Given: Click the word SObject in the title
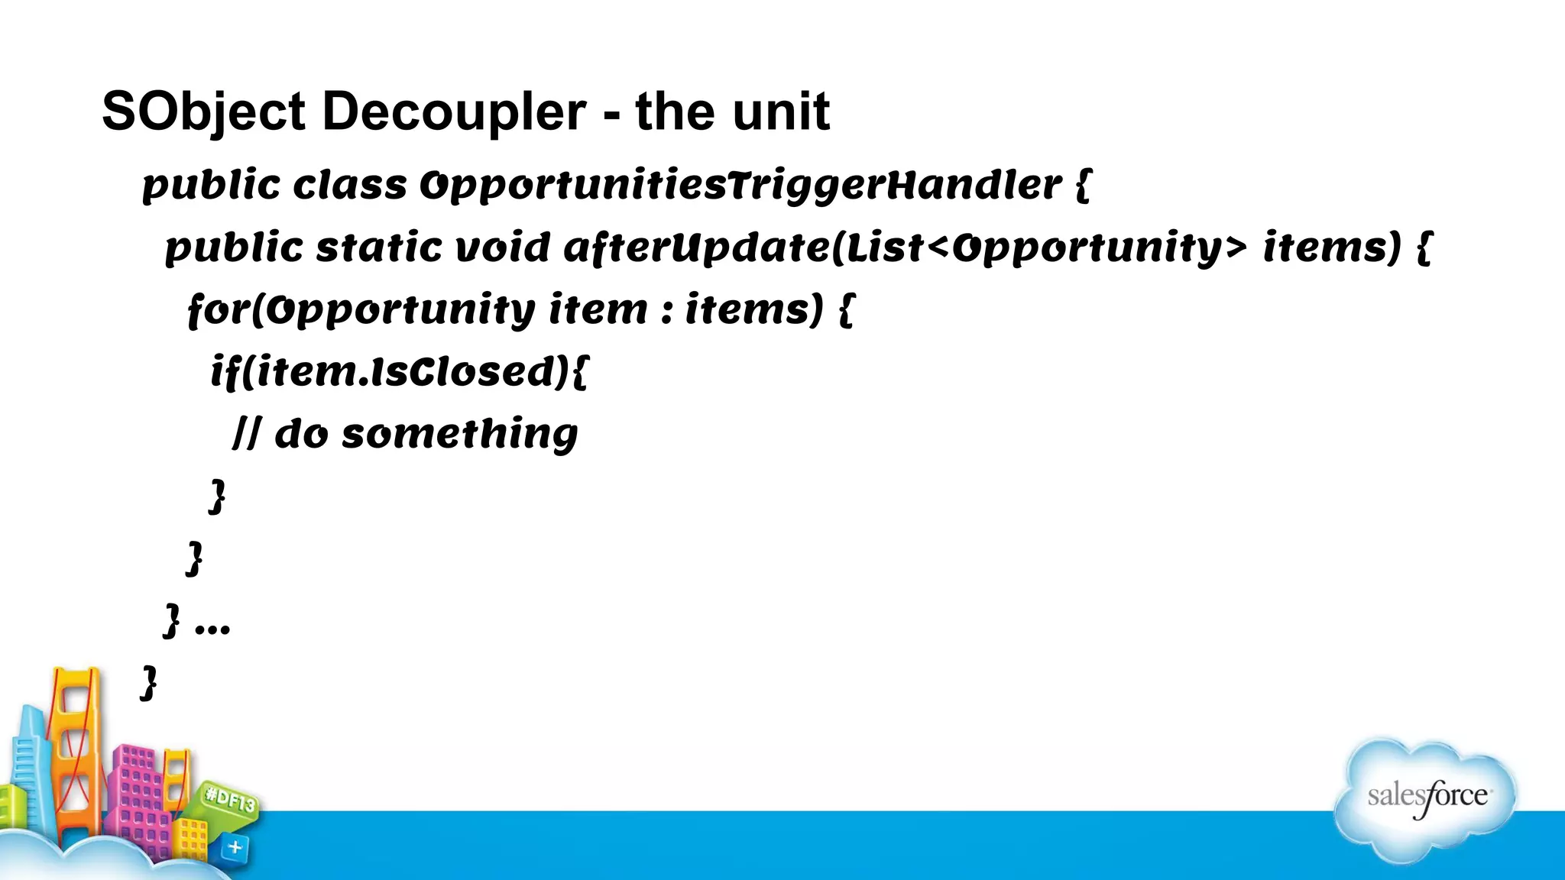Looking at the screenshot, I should [x=203, y=112].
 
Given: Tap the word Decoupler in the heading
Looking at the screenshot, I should [x=454, y=112].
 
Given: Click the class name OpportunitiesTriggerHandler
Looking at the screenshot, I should [x=740, y=186].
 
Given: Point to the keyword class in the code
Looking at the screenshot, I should [x=350, y=186].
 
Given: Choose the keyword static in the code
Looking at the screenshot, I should [x=379, y=248].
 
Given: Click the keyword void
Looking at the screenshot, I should [x=502, y=248].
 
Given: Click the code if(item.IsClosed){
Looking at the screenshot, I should [x=400, y=373].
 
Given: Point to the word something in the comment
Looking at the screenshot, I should [x=459, y=435].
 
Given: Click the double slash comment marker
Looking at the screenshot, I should [x=247, y=435].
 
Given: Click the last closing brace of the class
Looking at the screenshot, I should [x=149, y=682].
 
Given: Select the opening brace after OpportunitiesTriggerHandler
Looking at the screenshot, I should [x=1083, y=186].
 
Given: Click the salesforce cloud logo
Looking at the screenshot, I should [x=1426, y=798].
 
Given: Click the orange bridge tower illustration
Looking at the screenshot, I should [x=76, y=749].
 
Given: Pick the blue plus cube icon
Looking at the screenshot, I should [x=235, y=847].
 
